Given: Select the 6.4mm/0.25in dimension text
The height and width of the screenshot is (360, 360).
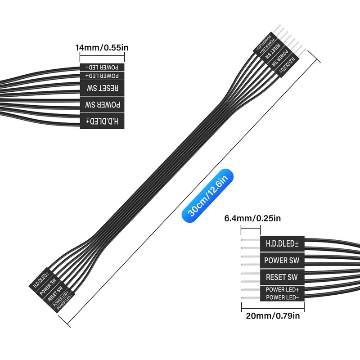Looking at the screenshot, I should (252, 219).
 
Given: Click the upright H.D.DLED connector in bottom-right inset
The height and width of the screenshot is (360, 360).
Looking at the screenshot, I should (282, 244).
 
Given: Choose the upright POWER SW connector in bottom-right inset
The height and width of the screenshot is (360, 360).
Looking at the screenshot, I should (282, 260).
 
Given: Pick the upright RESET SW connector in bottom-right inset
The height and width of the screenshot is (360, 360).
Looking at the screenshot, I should (282, 277).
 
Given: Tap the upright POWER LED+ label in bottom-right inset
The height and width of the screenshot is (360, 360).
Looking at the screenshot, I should (282, 289).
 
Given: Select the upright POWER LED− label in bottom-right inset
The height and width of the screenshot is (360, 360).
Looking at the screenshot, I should (282, 297).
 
